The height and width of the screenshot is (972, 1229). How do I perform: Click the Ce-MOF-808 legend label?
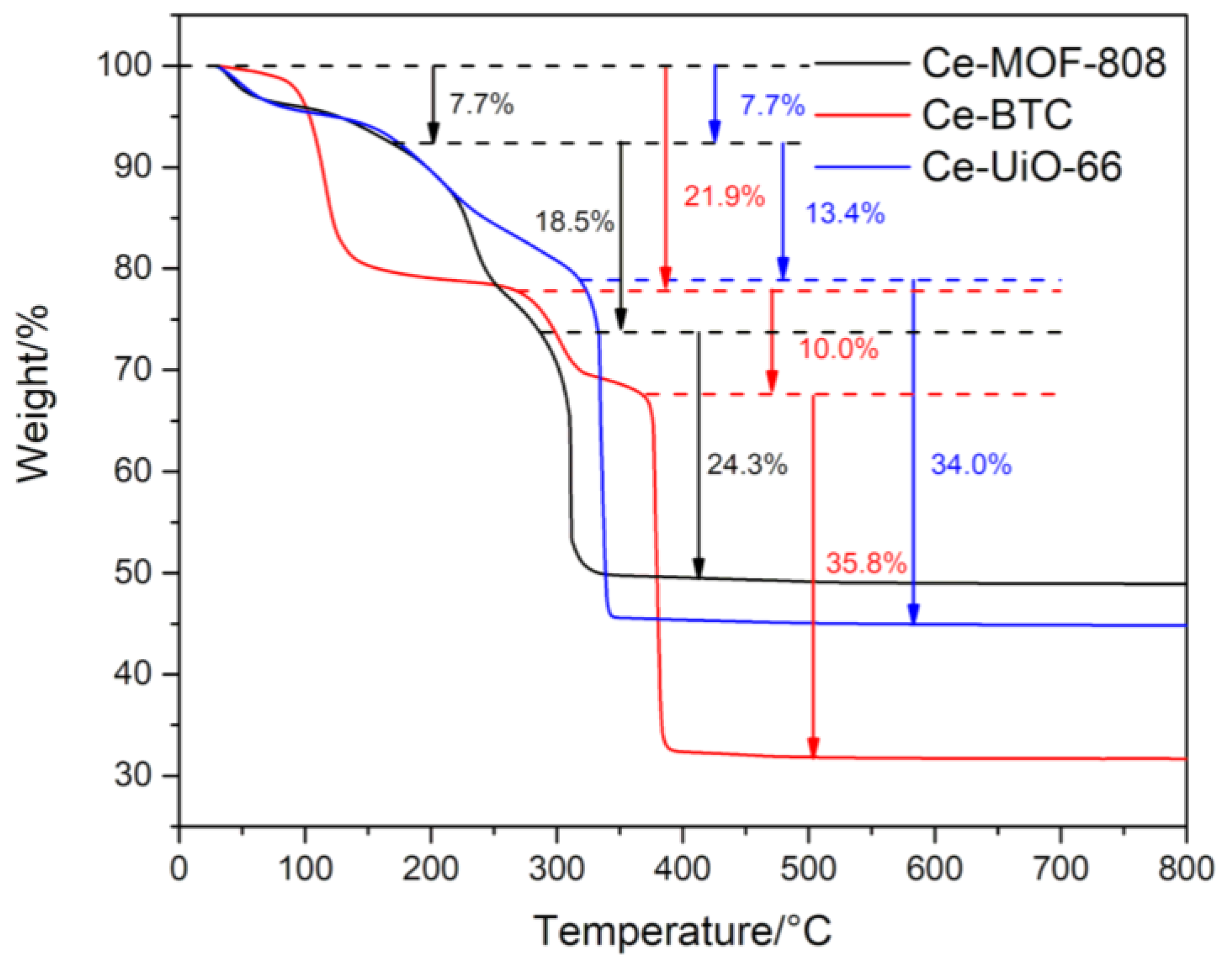point(1044,64)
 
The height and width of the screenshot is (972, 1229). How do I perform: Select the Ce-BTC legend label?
point(996,115)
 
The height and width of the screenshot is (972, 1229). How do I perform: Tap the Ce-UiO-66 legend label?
point(1021,167)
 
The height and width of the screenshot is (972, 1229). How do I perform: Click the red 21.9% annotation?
point(724,197)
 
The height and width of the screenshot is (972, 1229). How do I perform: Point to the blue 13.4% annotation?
point(845,214)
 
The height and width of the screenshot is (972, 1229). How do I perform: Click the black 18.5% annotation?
point(574,221)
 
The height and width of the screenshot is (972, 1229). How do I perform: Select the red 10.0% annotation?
point(838,349)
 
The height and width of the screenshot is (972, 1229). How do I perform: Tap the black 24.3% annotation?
point(747,466)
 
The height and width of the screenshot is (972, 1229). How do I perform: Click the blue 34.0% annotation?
point(971,464)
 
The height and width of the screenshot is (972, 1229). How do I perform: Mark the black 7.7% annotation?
point(481,105)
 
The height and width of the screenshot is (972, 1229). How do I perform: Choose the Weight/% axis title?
point(33,394)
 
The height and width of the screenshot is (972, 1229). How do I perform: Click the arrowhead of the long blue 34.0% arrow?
point(913,616)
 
